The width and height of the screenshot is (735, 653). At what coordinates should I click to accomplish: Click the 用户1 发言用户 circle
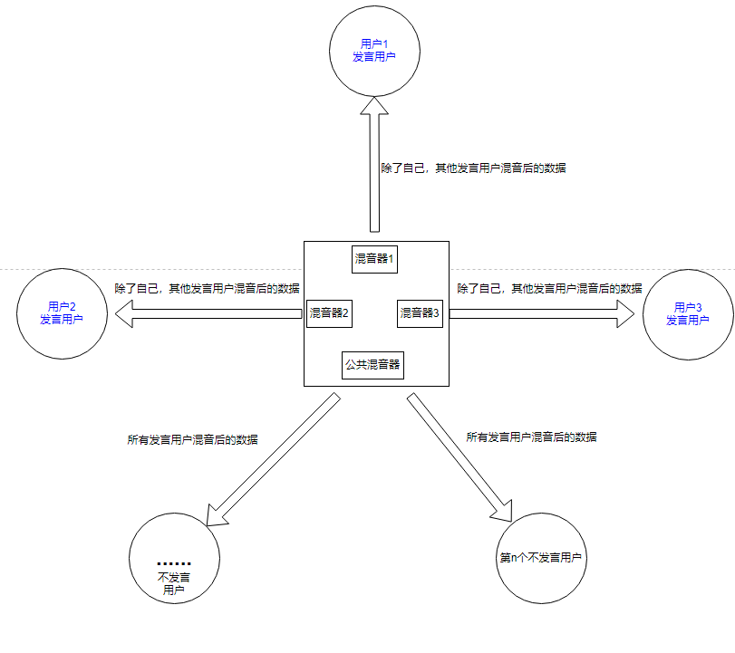tap(374, 50)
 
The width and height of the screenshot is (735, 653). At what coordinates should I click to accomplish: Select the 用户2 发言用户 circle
tap(62, 313)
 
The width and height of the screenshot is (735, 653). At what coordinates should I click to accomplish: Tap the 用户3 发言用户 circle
tap(687, 313)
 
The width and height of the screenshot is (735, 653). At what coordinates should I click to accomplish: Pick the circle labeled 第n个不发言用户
tap(543, 558)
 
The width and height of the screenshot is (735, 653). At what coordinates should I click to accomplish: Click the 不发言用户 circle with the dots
tap(174, 558)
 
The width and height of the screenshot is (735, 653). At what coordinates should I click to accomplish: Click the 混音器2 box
tap(329, 313)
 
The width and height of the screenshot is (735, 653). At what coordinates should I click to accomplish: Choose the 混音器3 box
tap(420, 313)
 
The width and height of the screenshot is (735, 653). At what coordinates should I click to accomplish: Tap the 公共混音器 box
tap(372, 366)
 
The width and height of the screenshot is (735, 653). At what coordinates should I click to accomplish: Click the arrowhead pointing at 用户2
tap(121, 313)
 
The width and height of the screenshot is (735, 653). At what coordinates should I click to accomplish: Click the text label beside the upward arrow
tap(473, 168)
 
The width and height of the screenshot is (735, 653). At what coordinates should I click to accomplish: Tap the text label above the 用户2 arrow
tap(207, 288)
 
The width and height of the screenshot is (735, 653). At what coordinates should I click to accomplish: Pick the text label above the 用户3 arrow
tap(549, 288)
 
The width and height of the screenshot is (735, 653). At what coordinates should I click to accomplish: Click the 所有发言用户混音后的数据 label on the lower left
tap(192, 439)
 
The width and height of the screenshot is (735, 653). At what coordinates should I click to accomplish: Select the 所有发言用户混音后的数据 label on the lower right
tap(531, 436)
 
